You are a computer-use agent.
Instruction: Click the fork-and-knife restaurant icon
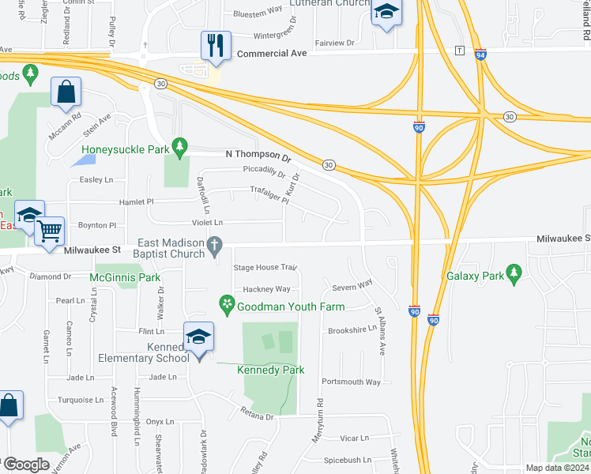[216, 45]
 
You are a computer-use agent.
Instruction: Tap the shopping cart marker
[50, 230]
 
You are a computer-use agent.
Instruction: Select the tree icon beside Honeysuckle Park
[180, 146]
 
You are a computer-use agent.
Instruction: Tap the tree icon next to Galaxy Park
[514, 276]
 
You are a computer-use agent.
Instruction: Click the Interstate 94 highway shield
[480, 55]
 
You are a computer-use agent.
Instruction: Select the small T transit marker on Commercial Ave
[459, 51]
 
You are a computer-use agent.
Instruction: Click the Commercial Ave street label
[272, 54]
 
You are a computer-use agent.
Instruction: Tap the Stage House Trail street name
[264, 268]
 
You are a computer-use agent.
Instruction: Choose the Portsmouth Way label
[352, 382]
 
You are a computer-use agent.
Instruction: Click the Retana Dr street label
[258, 416]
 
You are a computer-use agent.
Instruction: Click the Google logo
[27, 465]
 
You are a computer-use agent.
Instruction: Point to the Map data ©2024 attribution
[556, 468]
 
